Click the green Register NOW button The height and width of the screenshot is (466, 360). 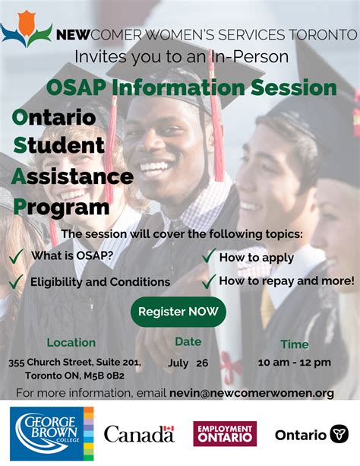(178, 311)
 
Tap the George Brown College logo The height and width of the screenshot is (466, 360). (52, 433)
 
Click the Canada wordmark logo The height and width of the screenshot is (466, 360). (139, 434)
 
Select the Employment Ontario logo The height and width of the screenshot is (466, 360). (225, 433)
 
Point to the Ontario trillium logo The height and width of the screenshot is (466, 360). (311, 434)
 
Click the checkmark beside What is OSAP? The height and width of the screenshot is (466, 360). (16, 257)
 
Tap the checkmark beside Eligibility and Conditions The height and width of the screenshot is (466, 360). (16, 282)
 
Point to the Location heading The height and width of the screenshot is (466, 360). (71, 343)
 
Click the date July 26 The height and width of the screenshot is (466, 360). (188, 363)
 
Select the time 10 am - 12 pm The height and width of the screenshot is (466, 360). (294, 363)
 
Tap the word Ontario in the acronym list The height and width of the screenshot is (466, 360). (55, 119)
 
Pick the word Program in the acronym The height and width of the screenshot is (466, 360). (61, 207)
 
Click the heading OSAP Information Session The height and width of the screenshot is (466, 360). (191, 87)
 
